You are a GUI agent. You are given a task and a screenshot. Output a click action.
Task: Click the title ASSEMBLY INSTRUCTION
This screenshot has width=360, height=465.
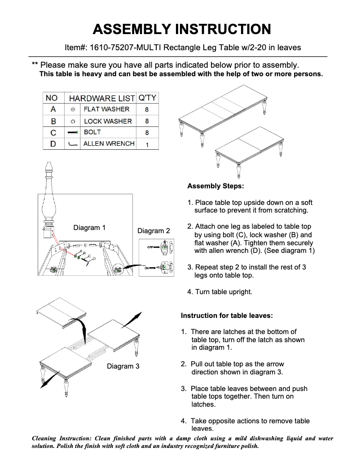pos(181,29)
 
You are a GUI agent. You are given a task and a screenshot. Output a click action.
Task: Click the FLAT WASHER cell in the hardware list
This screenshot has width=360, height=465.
pos(106,109)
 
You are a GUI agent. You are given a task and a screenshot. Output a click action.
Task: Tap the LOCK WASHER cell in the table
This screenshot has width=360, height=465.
pos(108,121)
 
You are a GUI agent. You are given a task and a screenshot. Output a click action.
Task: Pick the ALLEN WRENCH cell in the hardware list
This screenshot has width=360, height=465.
pos(109,143)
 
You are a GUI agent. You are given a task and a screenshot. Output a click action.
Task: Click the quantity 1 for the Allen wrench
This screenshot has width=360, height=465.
pos(147,144)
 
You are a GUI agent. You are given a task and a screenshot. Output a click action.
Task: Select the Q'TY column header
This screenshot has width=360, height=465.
pos(147,98)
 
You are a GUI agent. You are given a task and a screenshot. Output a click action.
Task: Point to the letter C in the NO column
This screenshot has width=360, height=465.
pos(53,133)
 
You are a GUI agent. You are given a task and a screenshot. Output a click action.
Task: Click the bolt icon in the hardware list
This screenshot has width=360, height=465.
pos(72,133)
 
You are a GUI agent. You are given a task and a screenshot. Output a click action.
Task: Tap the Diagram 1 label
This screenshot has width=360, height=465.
pos(89,228)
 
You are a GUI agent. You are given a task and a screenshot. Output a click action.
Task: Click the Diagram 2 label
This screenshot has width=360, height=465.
pos(154,231)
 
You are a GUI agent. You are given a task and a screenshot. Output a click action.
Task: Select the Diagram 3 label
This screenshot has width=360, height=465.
pos(123,366)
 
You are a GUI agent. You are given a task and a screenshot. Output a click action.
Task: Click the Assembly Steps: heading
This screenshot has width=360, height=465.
pos(215,186)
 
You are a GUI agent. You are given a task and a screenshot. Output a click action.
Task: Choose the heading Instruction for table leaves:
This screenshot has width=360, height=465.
pos(227,316)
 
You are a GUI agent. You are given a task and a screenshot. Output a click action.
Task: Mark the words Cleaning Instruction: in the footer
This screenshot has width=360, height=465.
pos(61,438)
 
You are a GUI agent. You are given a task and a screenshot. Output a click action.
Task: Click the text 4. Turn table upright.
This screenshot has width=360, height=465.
pos(220,292)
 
